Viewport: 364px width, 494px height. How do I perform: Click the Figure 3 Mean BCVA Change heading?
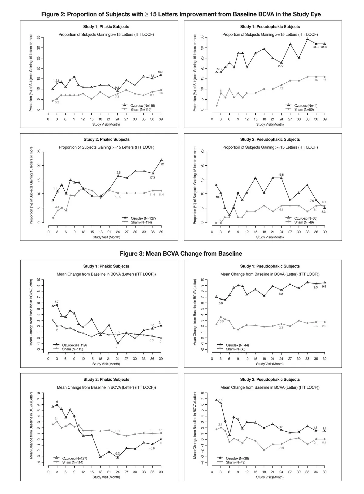[181, 254]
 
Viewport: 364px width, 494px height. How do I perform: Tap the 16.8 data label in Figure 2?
[160, 72]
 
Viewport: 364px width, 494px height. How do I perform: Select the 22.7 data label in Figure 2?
[281, 66]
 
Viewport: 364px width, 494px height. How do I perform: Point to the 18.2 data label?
[220, 69]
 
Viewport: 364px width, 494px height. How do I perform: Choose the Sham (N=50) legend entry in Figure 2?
[304, 110]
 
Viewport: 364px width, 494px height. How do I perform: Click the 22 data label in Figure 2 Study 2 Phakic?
[162, 164]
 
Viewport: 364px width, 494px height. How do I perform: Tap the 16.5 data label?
[118, 172]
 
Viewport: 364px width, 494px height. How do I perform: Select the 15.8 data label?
[281, 175]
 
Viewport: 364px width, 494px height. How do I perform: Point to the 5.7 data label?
[57, 302]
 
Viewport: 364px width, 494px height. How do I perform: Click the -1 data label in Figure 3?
[117, 347]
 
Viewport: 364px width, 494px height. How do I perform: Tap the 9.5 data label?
[324, 287]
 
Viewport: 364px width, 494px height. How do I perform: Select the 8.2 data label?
[281, 294]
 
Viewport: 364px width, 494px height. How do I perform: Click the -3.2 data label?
[117, 453]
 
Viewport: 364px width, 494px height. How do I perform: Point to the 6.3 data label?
[221, 400]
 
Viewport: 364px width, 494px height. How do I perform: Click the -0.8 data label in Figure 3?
[281, 448]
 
